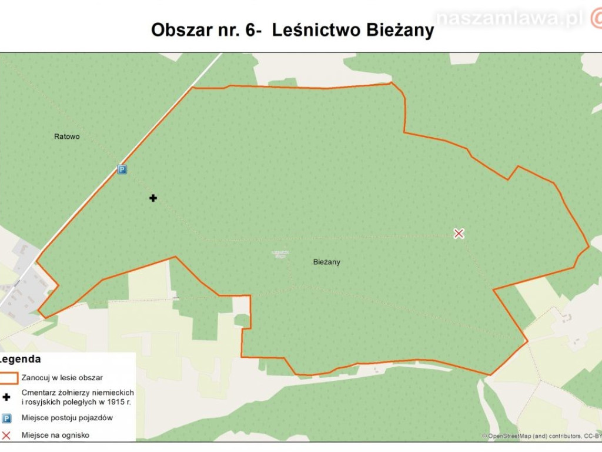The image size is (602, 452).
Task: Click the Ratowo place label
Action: [x=66, y=137]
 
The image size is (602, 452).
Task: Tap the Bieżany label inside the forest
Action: [x=326, y=262]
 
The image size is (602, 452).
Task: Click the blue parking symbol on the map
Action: [x=122, y=169]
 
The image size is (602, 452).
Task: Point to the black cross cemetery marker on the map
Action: [x=153, y=198]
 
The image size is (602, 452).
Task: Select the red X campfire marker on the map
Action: [x=459, y=234]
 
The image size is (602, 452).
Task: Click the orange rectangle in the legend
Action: [x=8, y=377]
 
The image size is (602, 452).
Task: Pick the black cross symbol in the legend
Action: [x=6, y=397]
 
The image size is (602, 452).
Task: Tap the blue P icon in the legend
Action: [x=6, y=418]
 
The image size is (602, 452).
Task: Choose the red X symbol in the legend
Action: [x=6, y=436]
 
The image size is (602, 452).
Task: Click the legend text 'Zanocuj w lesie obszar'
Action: [x=62, y=377]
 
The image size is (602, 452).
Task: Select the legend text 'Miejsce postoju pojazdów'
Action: [x=66, y=418]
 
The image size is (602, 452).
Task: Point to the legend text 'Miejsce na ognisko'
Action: [x=56, y=436]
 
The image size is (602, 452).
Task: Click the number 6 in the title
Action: [x=249, y=29]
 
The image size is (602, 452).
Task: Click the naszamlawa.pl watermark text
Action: [x=510, y=19]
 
